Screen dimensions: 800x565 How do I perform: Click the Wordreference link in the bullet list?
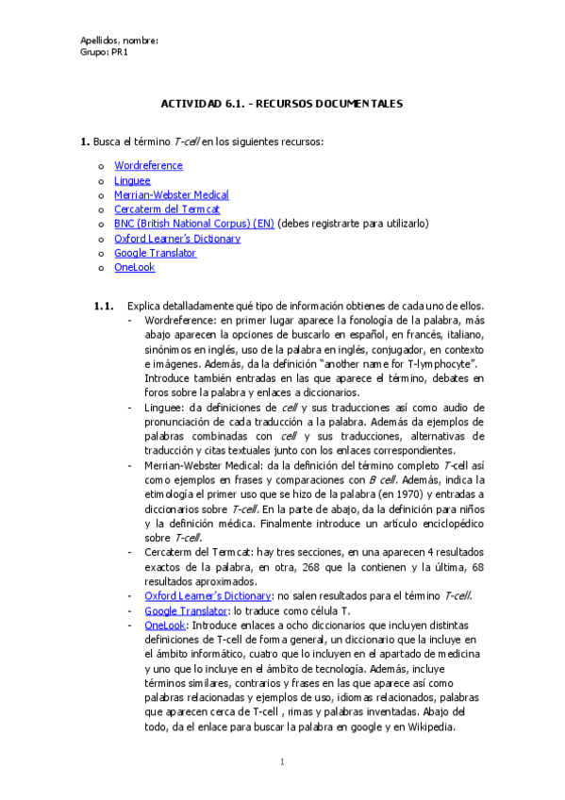click(x=148, y=166)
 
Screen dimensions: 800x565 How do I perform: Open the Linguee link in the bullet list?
click(x=132, y=180)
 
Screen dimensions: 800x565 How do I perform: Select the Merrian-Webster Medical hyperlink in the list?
click(x=171, y=195)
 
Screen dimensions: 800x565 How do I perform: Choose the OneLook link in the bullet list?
click(x=134, y=267)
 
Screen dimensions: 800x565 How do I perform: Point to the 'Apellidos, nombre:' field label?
click(x=119, y=41)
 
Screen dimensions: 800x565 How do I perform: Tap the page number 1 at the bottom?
click(x=282, y=761)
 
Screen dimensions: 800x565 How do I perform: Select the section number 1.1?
click(x=104, y=306)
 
